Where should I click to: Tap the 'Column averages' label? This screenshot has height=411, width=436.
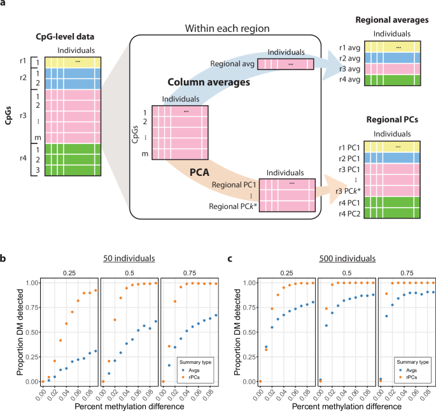point(199,83)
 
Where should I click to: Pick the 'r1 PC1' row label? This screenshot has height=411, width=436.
point(351,147)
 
